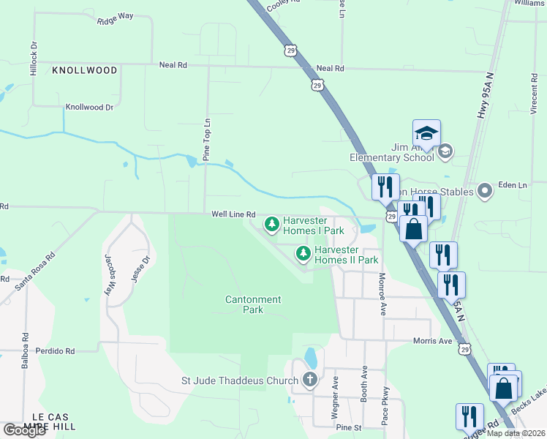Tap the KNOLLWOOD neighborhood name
pyautogui.click(x=85, y=70)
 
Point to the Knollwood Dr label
pyautogui.click(x=90, y=107)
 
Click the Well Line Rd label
pyautogui.click(x=233, y=214)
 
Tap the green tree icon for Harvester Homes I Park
pyautogui.click(x=271, y=223)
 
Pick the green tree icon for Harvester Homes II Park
pyautogui.click(x=303, y=253)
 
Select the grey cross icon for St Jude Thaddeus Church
pyautogui.click(x=310, y=380)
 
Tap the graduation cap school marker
pyautogui.click(x=426, y=133)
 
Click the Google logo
pyautogui.click(x=24, y=430)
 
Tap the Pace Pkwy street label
pyautogui.click(x=385, y=409)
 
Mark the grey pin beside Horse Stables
pyautogui.click(x=483, y=192)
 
